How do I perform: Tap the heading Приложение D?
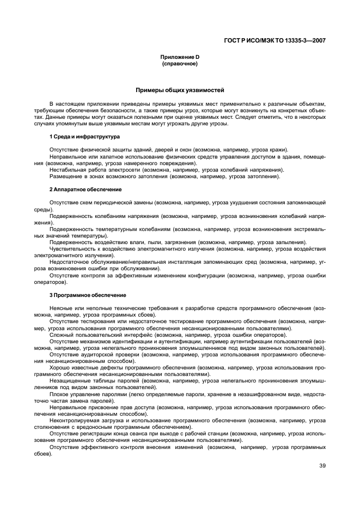(x=179, y=57)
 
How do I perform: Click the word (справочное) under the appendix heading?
(x=179, y=64)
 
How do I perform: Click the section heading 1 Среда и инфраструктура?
(x=84, y=136)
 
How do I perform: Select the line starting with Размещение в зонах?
(x=165, y=177)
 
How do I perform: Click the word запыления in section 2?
(x=290, y=242)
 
